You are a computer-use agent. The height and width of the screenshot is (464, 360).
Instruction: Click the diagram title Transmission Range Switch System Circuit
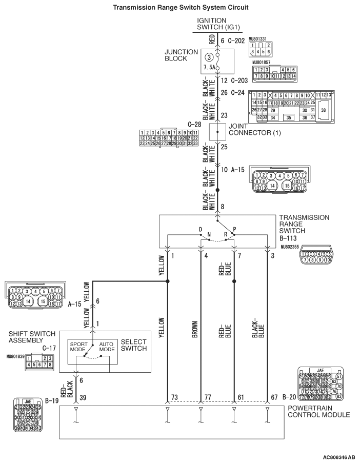click(x=180, y=7)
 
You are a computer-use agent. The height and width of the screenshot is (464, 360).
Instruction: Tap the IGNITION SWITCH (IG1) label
click(x=218, y=24)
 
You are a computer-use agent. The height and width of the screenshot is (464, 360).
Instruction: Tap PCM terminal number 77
click(x=208, y=397)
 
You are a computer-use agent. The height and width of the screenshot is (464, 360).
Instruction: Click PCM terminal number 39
click(x=83, y=397)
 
